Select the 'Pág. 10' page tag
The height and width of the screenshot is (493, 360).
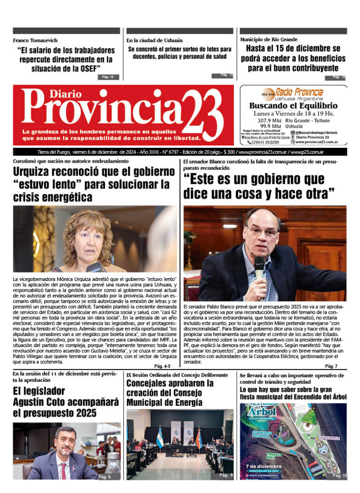coord(108,76)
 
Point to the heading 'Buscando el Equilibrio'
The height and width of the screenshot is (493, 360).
coord(293,106)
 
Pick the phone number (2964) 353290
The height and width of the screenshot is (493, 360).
coord(265,142)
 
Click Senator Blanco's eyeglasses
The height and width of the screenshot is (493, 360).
coord(263,231)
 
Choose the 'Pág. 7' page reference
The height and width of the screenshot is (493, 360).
coord(331,366)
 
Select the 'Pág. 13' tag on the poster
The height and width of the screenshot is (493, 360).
coord(339,476)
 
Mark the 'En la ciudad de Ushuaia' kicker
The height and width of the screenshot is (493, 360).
coord(155,40)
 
